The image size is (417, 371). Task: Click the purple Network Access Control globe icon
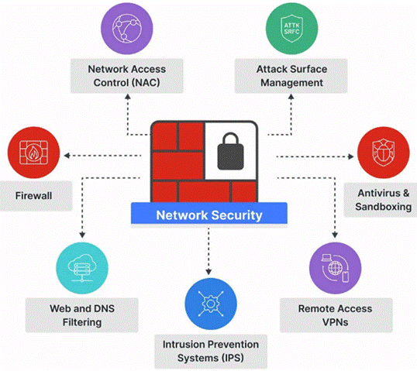point(127,29)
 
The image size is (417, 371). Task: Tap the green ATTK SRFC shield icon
point(291,29)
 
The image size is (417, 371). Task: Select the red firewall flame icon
point(33,153)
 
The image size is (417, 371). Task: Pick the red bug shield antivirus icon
point(383,153)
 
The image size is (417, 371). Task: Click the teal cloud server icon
point(82,268)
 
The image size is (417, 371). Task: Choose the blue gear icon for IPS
point(210,304)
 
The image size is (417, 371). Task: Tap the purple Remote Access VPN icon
point(335,268)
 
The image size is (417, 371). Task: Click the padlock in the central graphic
point(230,152)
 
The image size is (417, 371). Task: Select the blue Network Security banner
point(209,215)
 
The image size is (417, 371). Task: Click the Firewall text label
point(33,196)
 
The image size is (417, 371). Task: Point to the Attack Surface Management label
point(291,76)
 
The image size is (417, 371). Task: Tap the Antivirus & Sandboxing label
point(383,200)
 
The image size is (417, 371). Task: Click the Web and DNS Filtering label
point(82,315)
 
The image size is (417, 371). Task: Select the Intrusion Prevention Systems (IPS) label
point(210,351)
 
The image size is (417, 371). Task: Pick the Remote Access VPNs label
point(335,315)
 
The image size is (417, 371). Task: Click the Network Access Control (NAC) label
point(127,76)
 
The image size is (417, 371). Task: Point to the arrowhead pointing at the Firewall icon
point(67,156)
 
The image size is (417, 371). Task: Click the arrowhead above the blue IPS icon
point(208,272)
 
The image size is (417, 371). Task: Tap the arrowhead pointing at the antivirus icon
point(351,156)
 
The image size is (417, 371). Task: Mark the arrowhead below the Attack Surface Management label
point(291,97)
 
